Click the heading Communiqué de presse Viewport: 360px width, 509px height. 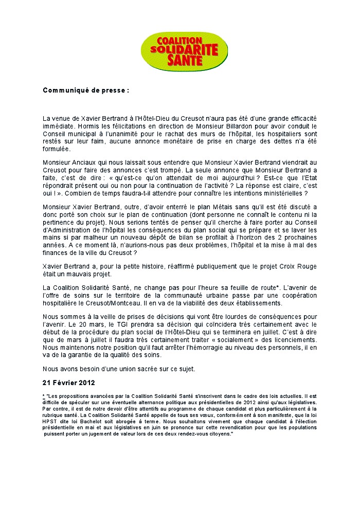[x=85, y=90]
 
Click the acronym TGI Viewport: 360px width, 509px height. [x=132, y=325]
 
